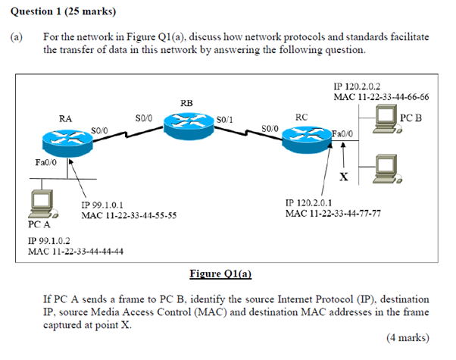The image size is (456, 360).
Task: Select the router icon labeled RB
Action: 186,124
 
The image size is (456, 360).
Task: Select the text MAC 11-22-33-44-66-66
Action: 382,97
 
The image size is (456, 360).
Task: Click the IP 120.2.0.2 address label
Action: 359,87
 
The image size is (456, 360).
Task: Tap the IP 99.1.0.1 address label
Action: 102,205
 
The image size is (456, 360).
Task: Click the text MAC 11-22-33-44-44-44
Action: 75,251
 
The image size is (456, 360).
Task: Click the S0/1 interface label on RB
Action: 225,120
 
